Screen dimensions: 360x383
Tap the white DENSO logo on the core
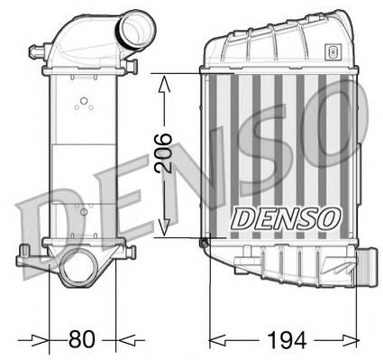[287, 217]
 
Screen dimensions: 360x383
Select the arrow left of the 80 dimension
[40, 340]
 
